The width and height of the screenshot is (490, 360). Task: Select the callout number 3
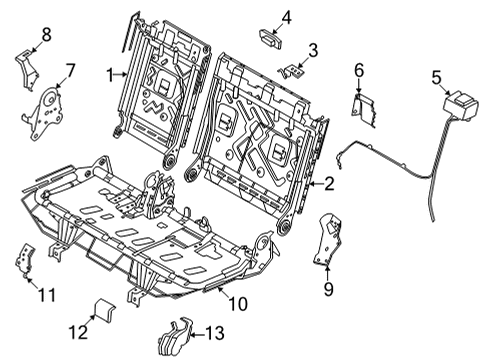click(313, 49)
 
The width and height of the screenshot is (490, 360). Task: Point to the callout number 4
click(286, 16)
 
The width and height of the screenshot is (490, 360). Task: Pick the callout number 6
click(359, 69)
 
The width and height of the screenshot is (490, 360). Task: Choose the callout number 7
click(70, 70)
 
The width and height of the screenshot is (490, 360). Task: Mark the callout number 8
click(44, 36)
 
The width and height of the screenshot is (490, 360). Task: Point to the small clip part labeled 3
click(290, 70)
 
